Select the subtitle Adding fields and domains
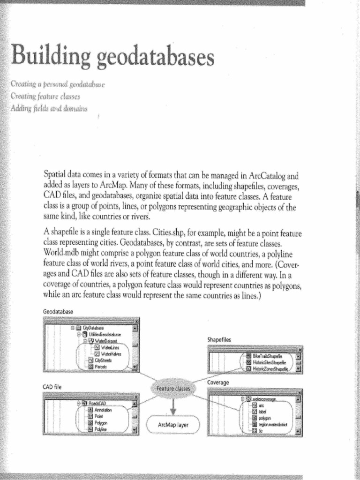(47, 108)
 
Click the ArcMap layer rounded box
(174, 426)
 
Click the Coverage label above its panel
(218, 383)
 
